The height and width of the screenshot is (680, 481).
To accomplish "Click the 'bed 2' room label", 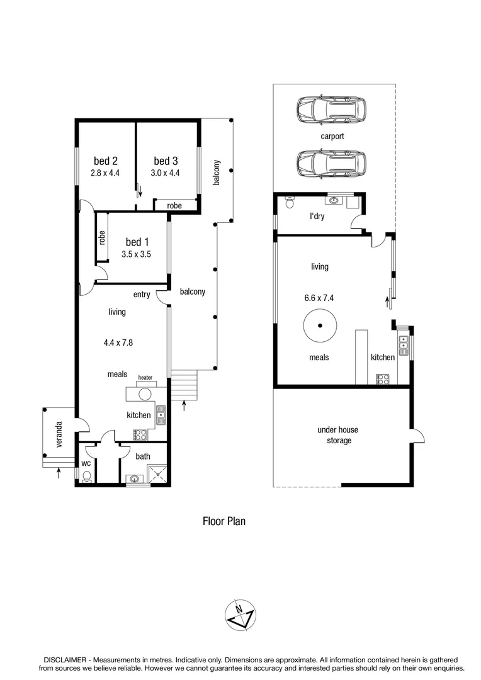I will point(106,160).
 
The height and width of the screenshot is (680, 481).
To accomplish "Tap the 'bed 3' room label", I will point(166,160).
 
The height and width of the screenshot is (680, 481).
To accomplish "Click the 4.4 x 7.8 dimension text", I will point(118,343).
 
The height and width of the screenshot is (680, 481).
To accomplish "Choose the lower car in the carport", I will point(331,163).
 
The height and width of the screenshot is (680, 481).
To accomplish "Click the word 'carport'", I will point(332,136).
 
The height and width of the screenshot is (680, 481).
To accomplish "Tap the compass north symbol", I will point(239,615).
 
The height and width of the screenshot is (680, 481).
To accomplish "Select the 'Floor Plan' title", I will point(224,521).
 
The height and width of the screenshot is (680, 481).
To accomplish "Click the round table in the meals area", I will point(320,326).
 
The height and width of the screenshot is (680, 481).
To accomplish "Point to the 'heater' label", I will point(145,378).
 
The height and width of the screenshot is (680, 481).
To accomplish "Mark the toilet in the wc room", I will point(86,477).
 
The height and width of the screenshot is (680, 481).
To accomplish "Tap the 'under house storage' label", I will point(337,435).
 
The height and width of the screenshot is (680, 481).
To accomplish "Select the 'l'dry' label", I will point(317,217).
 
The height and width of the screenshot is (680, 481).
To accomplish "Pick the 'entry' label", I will point(142,295).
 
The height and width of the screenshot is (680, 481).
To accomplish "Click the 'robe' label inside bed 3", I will point(174,205).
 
